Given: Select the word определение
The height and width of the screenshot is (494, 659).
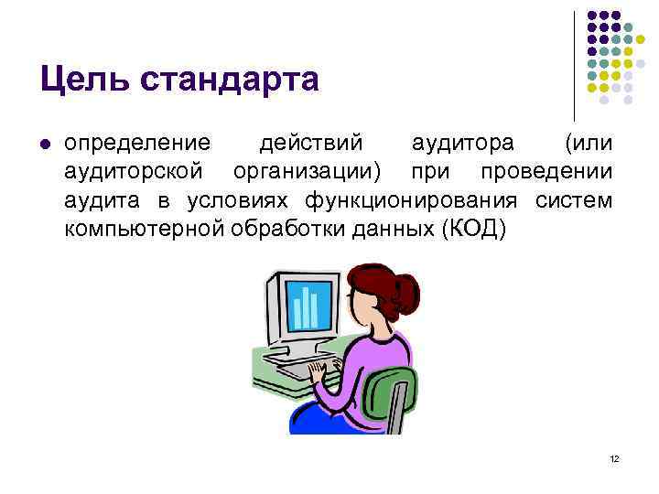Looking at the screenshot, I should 137,145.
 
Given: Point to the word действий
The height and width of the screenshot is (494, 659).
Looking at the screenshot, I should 311,145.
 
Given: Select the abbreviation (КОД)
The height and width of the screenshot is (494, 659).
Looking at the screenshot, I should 473,227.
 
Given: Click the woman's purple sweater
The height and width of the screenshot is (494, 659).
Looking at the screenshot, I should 366,366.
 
